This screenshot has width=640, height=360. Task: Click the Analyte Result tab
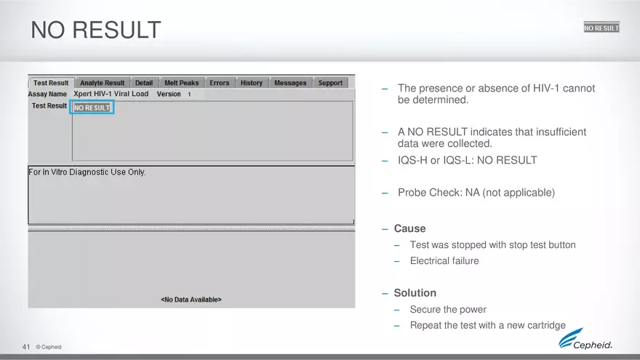(x=103, y=83)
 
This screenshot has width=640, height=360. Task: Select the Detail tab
(x=144, y=83)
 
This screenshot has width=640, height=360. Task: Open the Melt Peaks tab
(x=182, y=83)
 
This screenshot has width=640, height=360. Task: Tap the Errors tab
(x=220, y=83)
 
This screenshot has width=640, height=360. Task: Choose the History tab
(x=252, y=83)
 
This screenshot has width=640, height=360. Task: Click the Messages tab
(x=290, y=83)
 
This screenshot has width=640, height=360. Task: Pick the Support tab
(x=330, y=83)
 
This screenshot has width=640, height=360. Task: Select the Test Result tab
(x=51, y=83)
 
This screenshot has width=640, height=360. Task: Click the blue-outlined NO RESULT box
(x=92, y=108)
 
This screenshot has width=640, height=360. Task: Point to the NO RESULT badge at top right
(x=601, y=28)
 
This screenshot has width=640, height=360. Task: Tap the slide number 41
(x=26, y=346)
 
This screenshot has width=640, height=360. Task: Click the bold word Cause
(x=409, y=228)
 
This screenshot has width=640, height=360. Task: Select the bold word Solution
(x=415, y=292)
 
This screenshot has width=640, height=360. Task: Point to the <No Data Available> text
(x=191, y=299)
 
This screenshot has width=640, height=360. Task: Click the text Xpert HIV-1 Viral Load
(x=111, y=94)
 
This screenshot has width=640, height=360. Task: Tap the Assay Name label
(x=47, y=94)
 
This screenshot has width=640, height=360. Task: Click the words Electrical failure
(x=444, y=260)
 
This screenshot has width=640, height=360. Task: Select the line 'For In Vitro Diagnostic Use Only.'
(x=87, y=172)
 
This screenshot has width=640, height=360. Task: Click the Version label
(x=169, y=94)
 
